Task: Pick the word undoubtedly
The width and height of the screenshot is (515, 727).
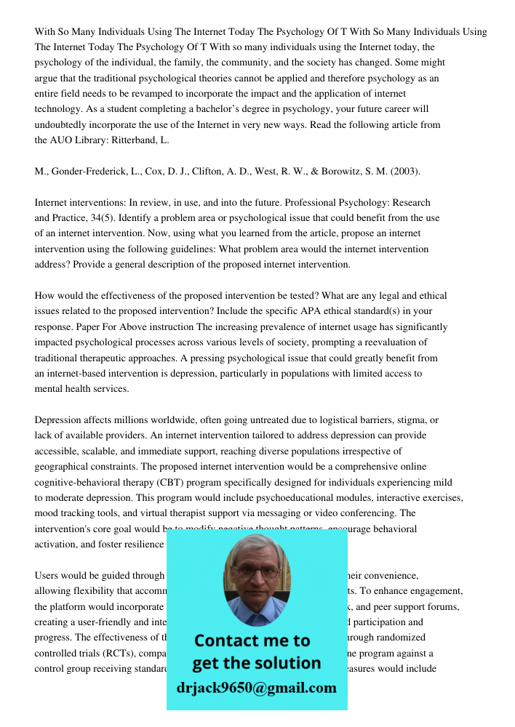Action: [x=65, y=124]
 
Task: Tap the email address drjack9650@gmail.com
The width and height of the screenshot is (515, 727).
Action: [x=257, y=687]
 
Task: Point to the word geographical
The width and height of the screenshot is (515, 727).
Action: [x=68, y=466]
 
